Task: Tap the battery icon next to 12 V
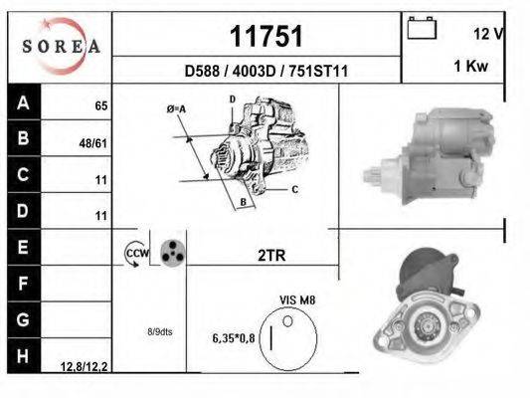pyautogui.click(x=422, y=29)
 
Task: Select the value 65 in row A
pyautogui.click(x=100, y=104)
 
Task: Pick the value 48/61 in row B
pyautogui.click(x=94, y=142)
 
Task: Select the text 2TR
pyautogui.click(x=270, y=255)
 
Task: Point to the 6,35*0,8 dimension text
pyautogui.click(x=235, y=337)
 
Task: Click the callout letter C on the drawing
pyautogui.click(x=295, y=188)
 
